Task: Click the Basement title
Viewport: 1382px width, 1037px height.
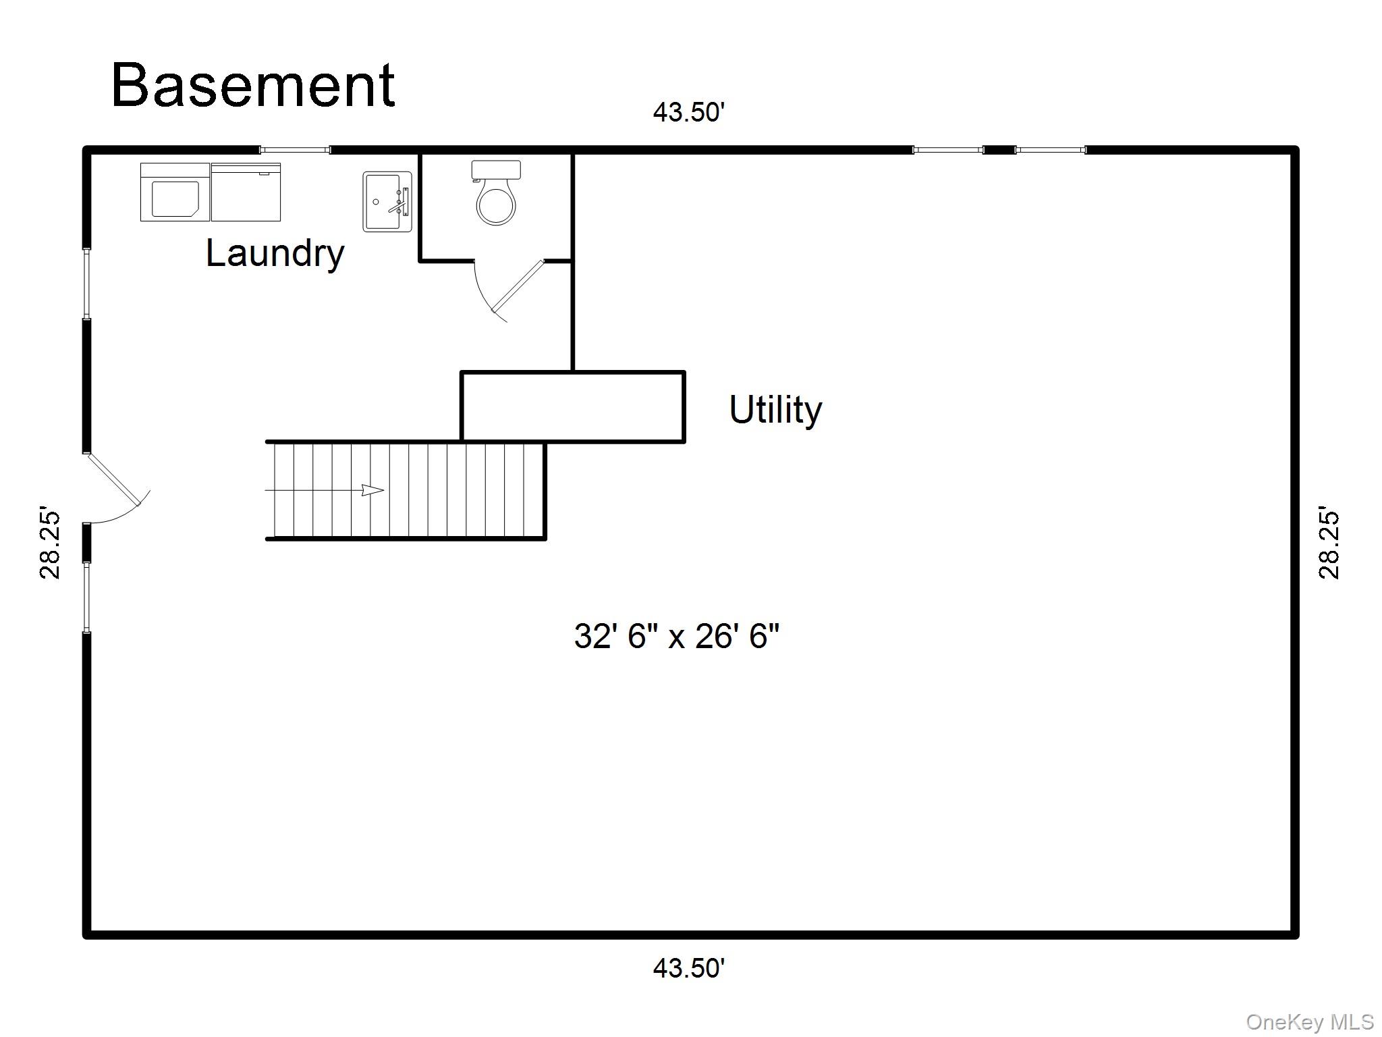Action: (x=253, y=86)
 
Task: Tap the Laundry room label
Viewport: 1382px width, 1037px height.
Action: (x=275, y=253)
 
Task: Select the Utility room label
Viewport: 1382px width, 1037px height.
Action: (x=775, y=409)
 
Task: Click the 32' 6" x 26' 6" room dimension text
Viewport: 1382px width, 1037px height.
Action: (x=676, y=636)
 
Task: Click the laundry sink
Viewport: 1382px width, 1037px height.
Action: (x=387, y=201)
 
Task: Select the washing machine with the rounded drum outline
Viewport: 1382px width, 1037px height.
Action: (x=175, y=192)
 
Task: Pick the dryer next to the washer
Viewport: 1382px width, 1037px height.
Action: (x=246, y=192)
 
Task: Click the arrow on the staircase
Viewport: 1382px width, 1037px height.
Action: (x=372, y=490)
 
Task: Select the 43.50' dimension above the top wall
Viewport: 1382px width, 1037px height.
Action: (x=688, y=112)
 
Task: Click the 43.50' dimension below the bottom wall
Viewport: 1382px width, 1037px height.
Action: (x=688, y=968)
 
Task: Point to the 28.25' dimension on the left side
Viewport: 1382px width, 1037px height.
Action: (x=50, y=542)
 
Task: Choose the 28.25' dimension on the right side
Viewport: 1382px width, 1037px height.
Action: (x=1329, y=542)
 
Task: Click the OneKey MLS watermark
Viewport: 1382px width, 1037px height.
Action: (x=1309, y=1022)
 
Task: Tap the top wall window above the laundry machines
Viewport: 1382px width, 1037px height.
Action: (x=295, y=150)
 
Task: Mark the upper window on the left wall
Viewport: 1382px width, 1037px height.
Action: (x=86, y=284)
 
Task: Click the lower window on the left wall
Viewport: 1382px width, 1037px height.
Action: (x=86, y=597)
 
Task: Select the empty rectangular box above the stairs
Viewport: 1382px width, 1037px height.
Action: (x=573, y=406)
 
